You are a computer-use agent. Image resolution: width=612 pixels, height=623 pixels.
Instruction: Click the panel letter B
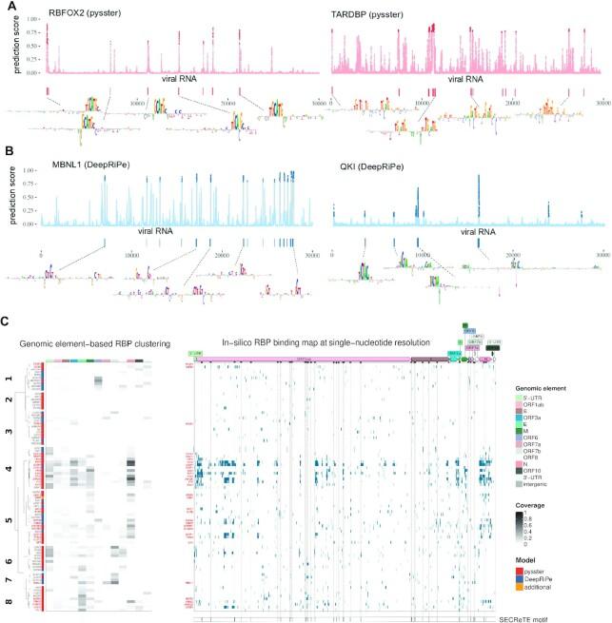point(10,152)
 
